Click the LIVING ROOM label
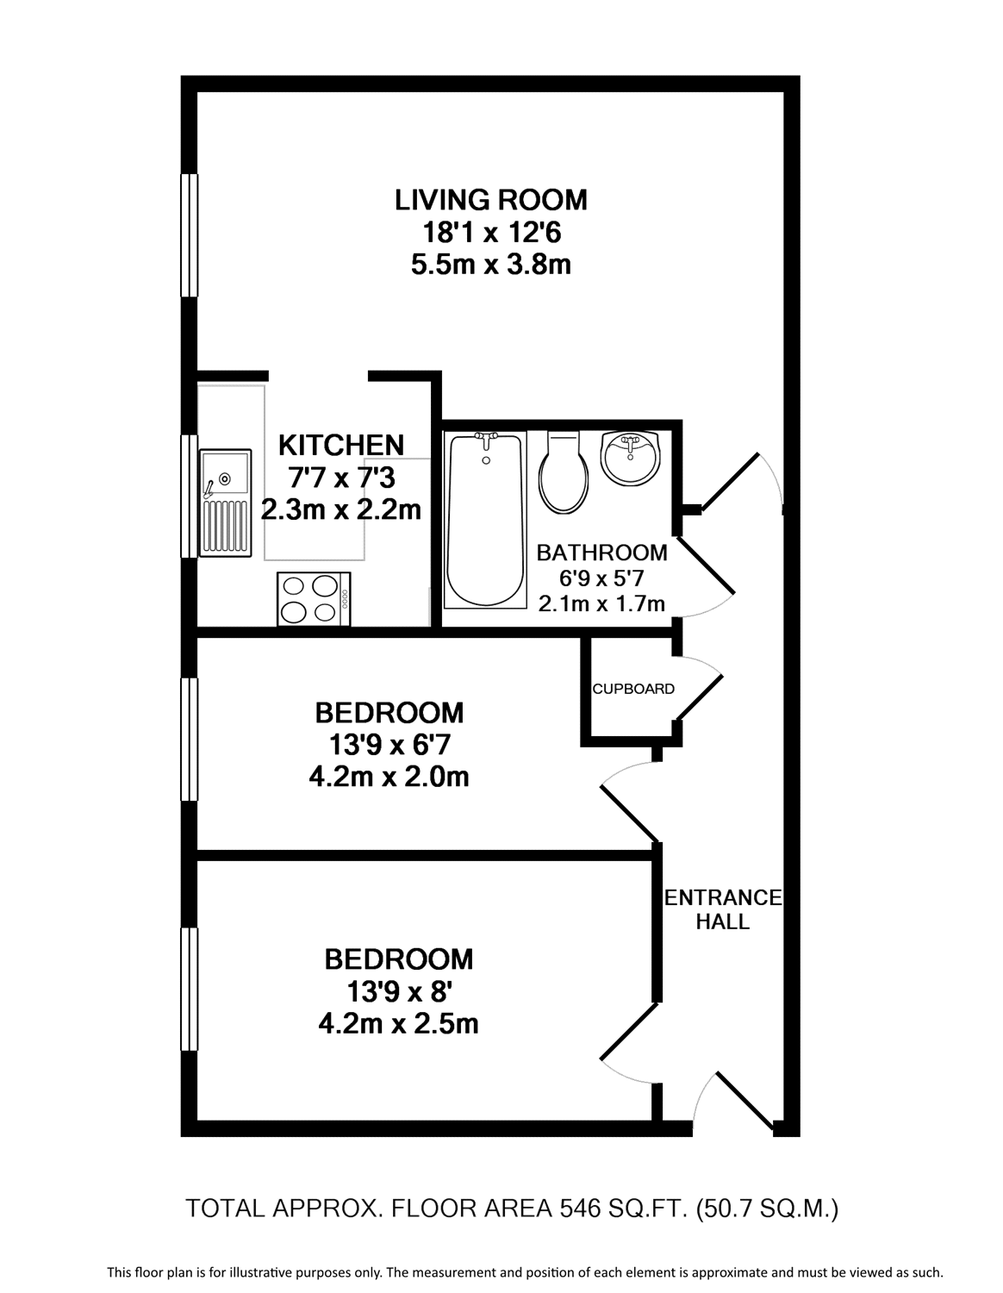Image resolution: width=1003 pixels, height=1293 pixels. pos(490,200)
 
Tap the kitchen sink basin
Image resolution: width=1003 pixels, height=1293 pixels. pos(225,472)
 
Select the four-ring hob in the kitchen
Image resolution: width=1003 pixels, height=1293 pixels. pos(314,598)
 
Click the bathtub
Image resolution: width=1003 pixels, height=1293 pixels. pos(486,520)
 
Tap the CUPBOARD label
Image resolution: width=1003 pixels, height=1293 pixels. pos(633,689)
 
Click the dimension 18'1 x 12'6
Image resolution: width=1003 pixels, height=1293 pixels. pos(491,233)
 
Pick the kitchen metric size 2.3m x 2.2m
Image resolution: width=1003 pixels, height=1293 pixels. pos(340,510)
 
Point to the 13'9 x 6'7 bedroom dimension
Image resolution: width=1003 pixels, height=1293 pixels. pos(389,745)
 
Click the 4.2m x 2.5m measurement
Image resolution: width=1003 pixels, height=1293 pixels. pos(398,1024)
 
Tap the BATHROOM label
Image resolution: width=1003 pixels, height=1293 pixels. pos(601,553)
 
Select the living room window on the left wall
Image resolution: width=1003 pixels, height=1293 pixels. pos(189,234)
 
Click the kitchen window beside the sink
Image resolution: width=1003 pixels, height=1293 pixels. pos(189,497)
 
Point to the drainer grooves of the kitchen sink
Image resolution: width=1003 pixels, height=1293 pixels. pos(226,526)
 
